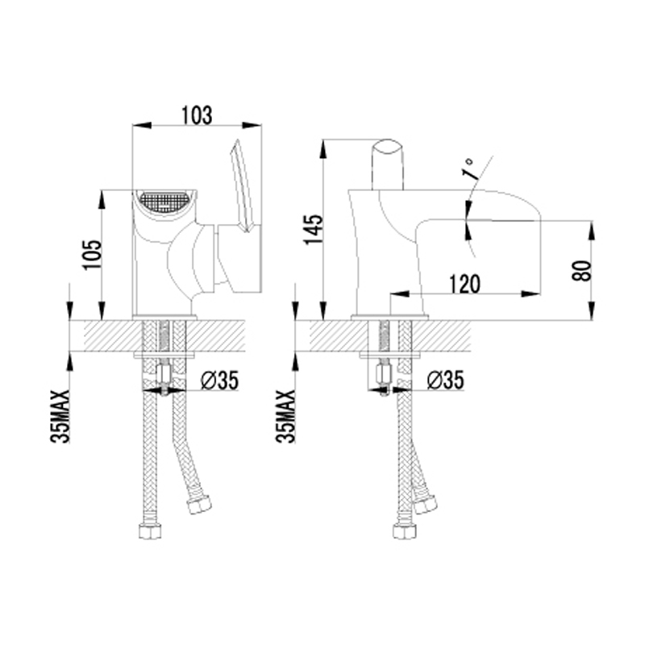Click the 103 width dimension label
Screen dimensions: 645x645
[x=198, y=115]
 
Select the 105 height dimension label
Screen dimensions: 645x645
[x=92, y=255]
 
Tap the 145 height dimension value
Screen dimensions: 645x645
[x=314, y=229]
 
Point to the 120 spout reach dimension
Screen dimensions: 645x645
[x=464, y=285]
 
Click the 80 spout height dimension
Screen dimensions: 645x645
[x=581, y=270]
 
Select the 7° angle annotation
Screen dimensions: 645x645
[x=470, y=169]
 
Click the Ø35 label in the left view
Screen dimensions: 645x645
[x=219, y=380]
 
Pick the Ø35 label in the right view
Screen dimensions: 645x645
[x=446, y=380]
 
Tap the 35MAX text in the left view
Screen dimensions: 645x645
[x=60, y=416]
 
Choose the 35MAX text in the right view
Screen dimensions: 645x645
[x=286, y=416]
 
